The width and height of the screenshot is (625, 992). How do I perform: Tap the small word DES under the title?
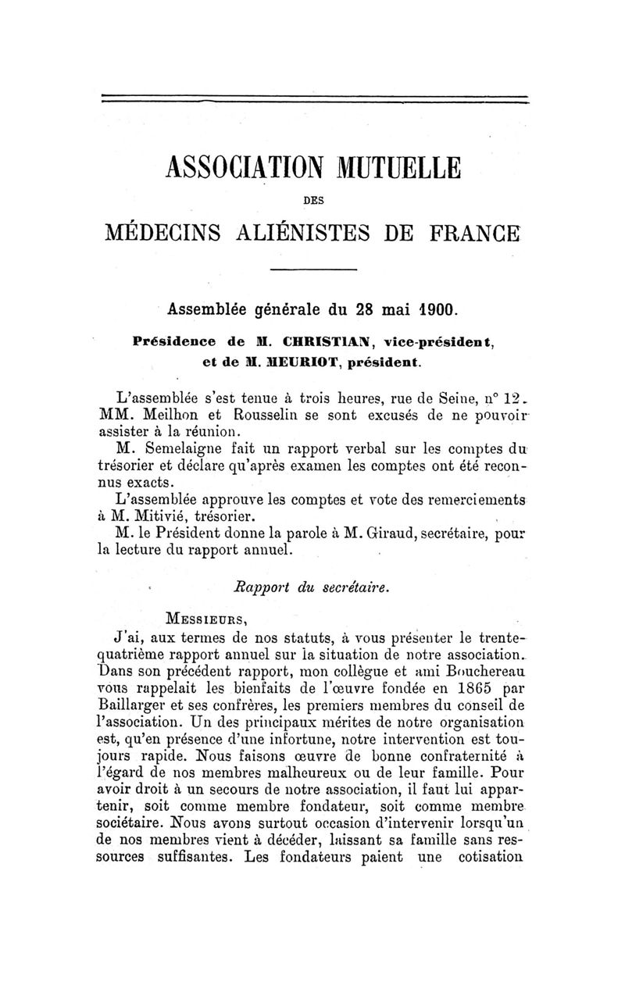click(x=313, y=200)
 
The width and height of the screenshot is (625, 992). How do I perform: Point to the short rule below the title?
click(x=313, y=270)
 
